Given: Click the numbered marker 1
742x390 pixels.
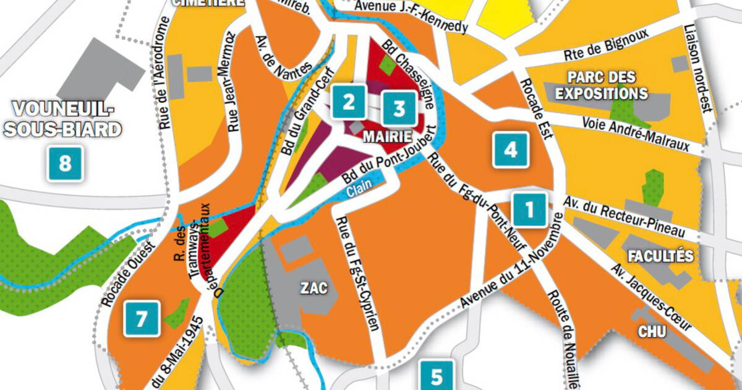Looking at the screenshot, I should (530, 210).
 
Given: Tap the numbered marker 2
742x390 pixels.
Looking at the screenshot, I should (349, 102).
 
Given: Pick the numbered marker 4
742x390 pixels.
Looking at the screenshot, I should (510, 150).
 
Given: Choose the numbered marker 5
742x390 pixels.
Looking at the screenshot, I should (437, 375).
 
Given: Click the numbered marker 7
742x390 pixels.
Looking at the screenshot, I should (142, 319).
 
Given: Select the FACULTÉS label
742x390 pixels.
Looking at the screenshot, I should (660, 256).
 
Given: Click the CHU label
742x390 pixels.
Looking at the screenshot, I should (652, 332).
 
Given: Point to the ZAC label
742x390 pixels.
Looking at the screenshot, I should (310, 288).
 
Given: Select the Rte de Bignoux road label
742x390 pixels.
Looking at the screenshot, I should (606, 46).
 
